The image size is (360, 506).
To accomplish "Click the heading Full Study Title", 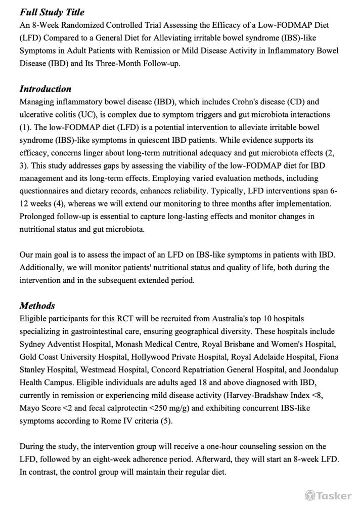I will pyautogui.click(x=52, y=12).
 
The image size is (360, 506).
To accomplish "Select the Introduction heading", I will pyautogui.click(x=46, y=89).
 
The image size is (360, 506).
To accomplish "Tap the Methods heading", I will pyautogui.click(x=37, y=305).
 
